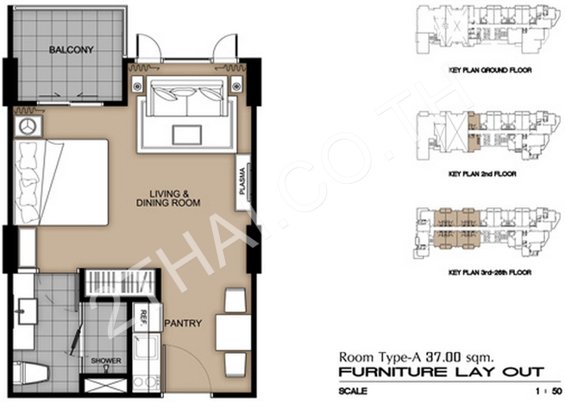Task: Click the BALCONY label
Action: pyautogui.click(x=72, y=50)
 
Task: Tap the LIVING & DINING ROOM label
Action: pyautogui.click(x=168, y=198)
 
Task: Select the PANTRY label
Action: pyautogui.click(x=183, y=323)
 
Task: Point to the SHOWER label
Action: pyautogui.click(x=106, y=361)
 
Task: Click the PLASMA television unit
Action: pyautogui.click(x=243, y=182)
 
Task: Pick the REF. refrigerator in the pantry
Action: pyautogui.click(x=147, y=318)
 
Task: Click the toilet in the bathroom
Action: pyautogui.click(x=29, y=374)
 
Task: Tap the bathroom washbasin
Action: pyautogui.click(x=24, y=312)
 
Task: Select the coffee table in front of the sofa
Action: pyautogui.click(x=186, y=135)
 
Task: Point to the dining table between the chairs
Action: pyautogui.click(x=233, y=332)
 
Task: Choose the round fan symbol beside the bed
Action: pyautogui.click(x=28, y=127)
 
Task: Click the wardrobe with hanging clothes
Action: pyautogui.click(x=121, y=283)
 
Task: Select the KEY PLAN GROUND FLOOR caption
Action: pyautogui.click(x=490, y=70)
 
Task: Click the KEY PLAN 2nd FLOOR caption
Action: pyautogui.click(x=482, y=174)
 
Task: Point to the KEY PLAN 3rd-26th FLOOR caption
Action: pyautogui.click(x=490, y=272)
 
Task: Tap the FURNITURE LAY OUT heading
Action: pyautogui.click(x=442, y=372)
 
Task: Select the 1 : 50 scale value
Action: pyautogui.click(x=549, y=391)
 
